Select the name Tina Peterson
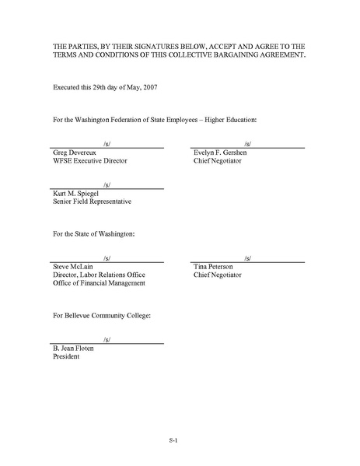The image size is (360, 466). [215, 267]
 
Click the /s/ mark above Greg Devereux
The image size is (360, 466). [107, 144]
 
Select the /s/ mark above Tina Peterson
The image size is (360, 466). [247, 258]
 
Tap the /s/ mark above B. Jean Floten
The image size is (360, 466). [107, 339]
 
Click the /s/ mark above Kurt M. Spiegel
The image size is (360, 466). [107, 184]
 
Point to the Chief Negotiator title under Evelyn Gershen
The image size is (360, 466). [218, 162]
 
